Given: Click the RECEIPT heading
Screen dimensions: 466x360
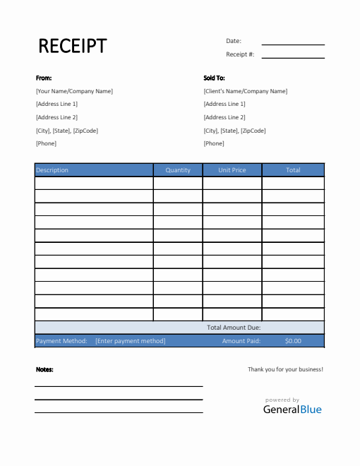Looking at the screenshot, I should (72, 46).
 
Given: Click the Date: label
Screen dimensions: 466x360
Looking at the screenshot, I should (234, 41).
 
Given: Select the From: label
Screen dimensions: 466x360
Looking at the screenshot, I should (44, 78).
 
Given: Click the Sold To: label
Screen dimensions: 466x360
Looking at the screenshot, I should (215, 78).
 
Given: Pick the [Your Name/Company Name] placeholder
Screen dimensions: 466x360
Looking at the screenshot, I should (74, 91).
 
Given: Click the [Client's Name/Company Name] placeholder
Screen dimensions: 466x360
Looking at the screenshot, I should (245, 91).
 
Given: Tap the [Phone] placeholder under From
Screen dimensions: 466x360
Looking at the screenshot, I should (46, 143).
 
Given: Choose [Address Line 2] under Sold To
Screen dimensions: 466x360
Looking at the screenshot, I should (224, 117).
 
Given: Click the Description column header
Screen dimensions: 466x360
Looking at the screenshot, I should (52, 170).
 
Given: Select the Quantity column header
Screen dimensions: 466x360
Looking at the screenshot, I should (178, 170).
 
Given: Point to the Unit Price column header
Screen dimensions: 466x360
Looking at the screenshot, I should (232, 170).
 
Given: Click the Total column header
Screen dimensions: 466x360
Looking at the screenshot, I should (293, 170).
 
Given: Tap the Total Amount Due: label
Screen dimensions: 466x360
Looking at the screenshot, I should (234, 328).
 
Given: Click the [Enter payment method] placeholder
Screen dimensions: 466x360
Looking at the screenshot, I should (131, 341).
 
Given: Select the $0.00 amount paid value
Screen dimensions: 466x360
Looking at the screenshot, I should (293, 341).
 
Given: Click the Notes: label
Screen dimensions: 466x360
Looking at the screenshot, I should (44, 369).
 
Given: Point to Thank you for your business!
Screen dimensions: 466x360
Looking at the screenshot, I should (285, 369).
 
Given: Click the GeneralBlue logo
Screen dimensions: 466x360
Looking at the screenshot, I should (292, 409).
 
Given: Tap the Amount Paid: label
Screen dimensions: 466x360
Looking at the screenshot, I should (241, 341).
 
